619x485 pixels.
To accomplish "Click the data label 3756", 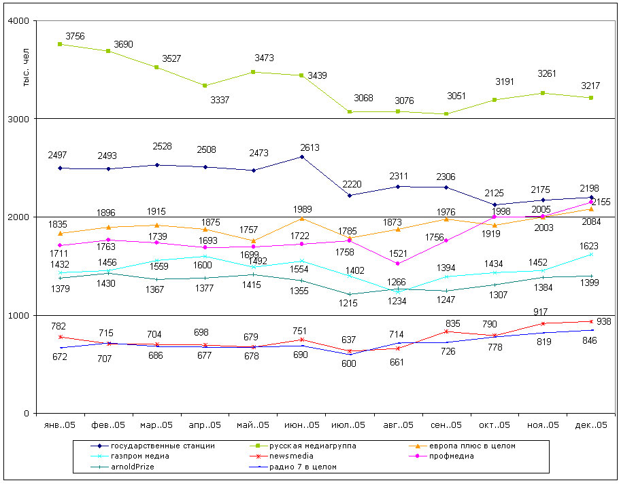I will [x=75, y=36].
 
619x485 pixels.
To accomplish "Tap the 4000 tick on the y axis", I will [x=17, y=21].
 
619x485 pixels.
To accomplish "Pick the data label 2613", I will [x=309, y=147].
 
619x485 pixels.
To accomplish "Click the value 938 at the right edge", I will [x=603, y=321].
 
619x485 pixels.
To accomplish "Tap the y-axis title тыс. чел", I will [x=26, y=70].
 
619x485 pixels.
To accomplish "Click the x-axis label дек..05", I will [x=590, y=425].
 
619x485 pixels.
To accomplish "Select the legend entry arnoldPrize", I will [x=134, y=467].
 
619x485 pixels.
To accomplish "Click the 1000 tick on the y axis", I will [x=17, y=316].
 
